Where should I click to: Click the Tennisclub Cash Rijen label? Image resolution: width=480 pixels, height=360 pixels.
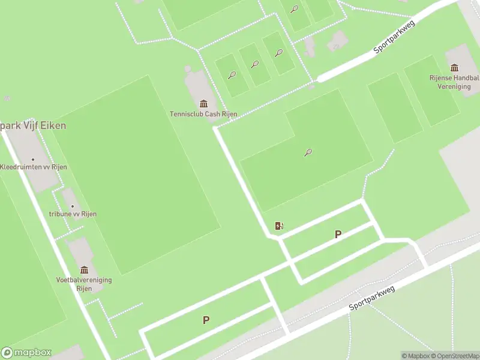click(203, 114)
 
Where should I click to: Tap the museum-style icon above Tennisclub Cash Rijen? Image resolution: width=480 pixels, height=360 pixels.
click(203, 104)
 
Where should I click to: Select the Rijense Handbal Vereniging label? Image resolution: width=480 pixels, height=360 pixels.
click(454, 82)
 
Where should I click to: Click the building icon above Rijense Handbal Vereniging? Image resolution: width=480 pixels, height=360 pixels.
click(454, 68)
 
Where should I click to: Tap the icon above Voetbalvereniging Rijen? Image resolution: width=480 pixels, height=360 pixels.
click(84, 270)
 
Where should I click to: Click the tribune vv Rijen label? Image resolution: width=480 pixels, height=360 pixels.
click(73, 214)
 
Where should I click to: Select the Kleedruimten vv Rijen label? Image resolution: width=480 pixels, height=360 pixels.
click(33, 167)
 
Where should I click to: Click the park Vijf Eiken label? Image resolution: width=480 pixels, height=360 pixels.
click(33, 126)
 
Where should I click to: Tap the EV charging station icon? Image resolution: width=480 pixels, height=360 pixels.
click(279, 226)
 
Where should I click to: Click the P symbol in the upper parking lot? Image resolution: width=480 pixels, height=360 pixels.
click(338, 235)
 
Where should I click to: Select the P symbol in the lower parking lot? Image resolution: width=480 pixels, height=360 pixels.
click(206, 320)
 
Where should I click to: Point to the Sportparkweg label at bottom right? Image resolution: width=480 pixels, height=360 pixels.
click(372, 298)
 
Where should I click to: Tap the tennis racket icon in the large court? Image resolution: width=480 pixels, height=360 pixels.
click(308, 152)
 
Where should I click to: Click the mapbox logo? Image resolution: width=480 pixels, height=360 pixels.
click(27, 353)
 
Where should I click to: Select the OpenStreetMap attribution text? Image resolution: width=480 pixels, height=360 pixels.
click(455, 356)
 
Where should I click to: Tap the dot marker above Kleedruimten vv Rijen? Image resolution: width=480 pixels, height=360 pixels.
click(33, 160)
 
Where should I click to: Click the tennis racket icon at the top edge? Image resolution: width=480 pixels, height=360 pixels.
click(294, 9)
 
